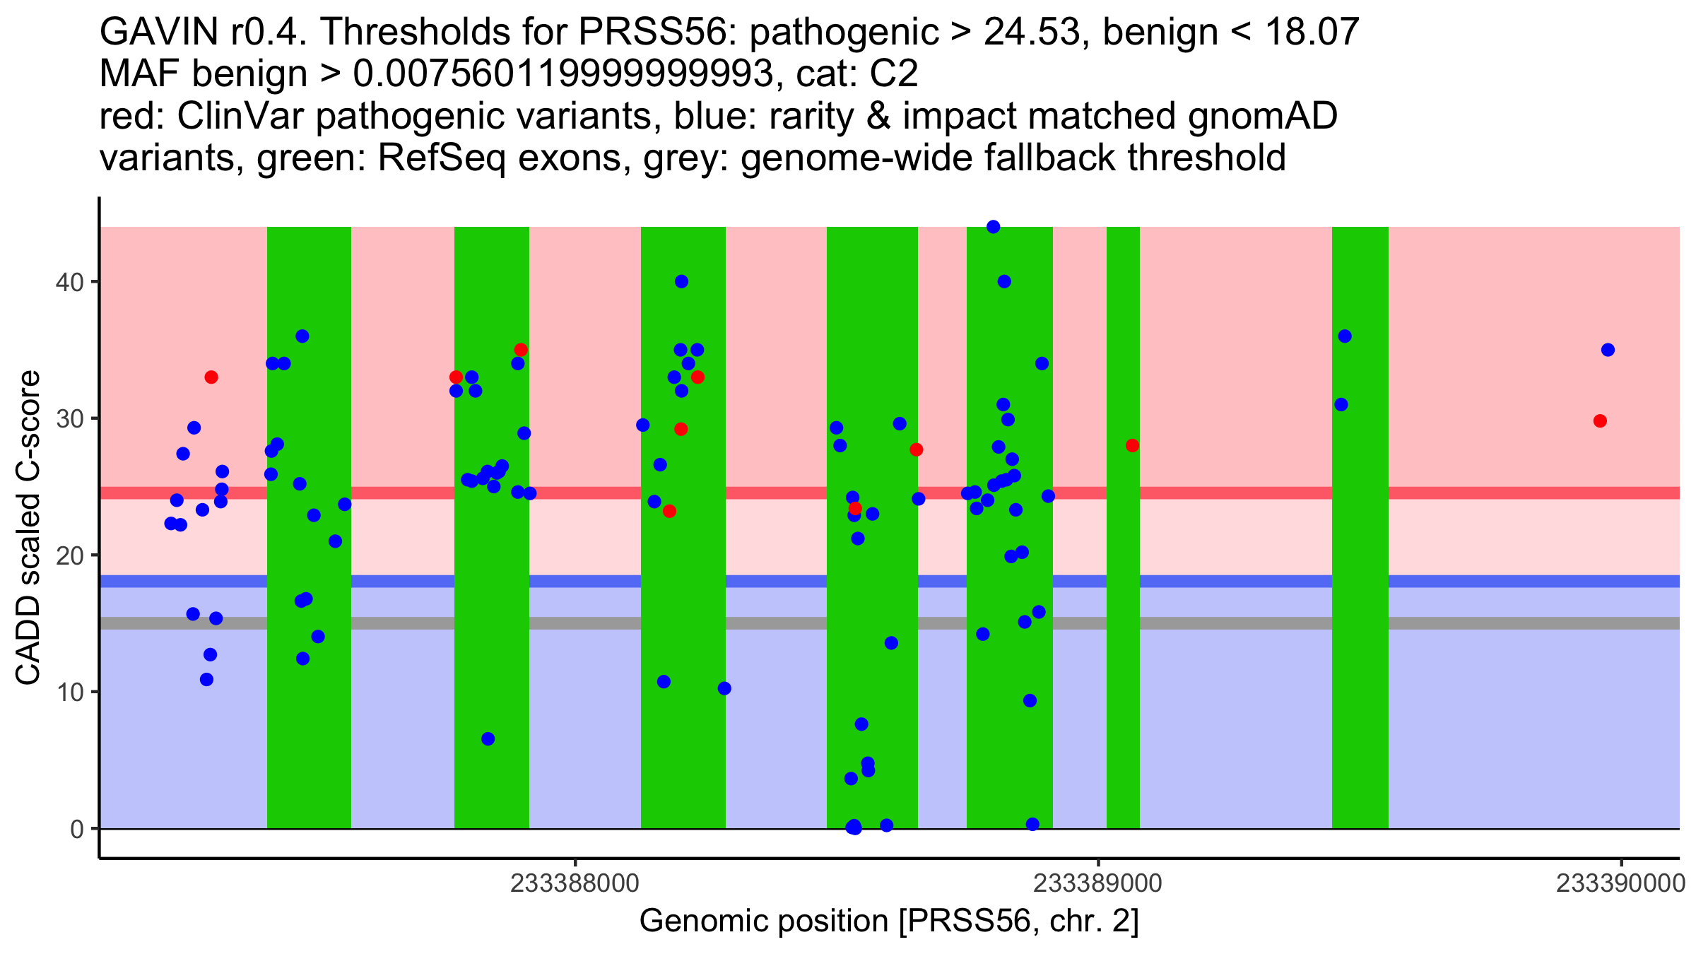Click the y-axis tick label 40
tap(69, 282)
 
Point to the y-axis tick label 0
tap(76, 829)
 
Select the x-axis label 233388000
tap(575, 884)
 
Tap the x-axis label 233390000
tap(1621, 884)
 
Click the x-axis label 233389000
tap(1097, 884)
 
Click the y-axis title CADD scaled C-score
tap(28, 528)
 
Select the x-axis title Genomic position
tap(889, 921)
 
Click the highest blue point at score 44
tap(993, 227)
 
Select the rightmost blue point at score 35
tap(1608, 350)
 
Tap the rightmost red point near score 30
tap(1600, 421)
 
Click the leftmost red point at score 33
tap(211, 377)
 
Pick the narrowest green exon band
tap(1123, 527)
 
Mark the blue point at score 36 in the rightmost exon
tap(1345, 336)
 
